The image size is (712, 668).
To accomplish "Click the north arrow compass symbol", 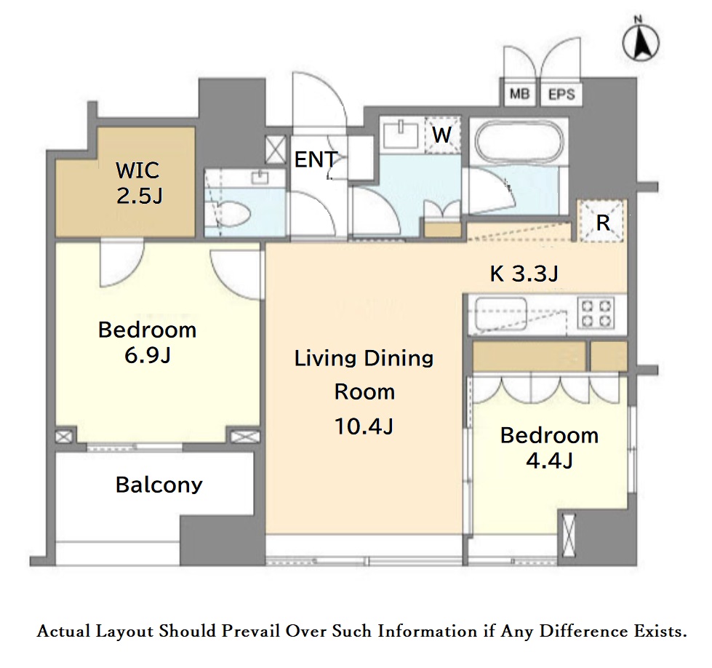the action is coord(640,41).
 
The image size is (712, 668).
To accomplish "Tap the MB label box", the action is coord(519,95).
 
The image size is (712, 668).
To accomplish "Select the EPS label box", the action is coord(561,95).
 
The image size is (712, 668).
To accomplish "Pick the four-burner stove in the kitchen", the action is coord(598,314).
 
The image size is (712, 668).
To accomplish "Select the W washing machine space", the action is coord(442,135).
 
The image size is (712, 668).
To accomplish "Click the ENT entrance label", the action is coord(316,159).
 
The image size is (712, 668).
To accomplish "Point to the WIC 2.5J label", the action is coord(139,183).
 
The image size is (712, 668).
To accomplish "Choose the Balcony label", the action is coord(159,485).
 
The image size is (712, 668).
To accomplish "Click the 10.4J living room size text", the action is coord(364,426).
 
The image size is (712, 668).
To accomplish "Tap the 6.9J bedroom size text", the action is coord(148,355).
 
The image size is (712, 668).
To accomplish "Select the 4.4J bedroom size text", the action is coord(549,461).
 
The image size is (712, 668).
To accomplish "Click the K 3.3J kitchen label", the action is coord(524,274).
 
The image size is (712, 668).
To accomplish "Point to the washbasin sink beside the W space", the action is coord(401,134).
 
